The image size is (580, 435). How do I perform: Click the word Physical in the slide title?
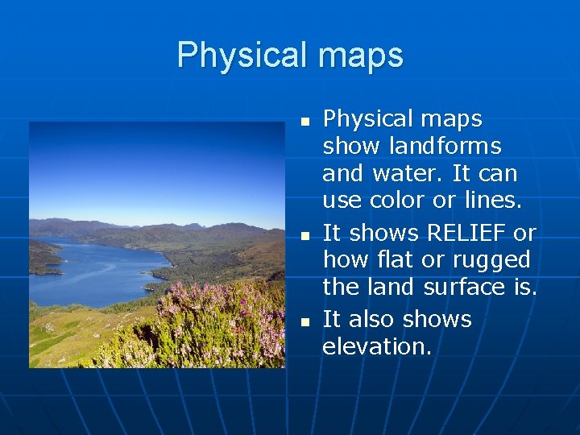pos(242,55)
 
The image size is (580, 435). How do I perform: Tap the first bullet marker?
pos(304,122)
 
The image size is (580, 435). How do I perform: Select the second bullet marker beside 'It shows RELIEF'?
pos(304,236)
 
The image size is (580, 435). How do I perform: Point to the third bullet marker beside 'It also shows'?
pos(304,321)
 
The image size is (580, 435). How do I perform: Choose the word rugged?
pos(499,260)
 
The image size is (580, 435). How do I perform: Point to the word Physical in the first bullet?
pos(367,119)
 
